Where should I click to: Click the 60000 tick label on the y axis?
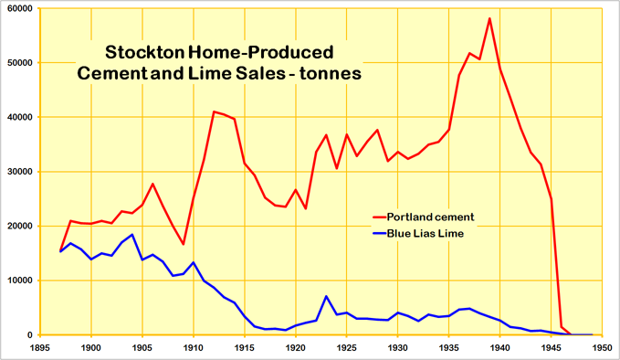click(x=18, y=8)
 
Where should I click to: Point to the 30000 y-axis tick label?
click(x=18, y=172)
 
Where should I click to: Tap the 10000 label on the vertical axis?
click(x=18, y=281)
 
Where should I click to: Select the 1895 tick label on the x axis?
click(x=40, y=348)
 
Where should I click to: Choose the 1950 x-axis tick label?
click(x=603, y=348)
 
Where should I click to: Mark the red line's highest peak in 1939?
click(x=489, y=18)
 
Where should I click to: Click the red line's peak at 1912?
click(x=214, y=111)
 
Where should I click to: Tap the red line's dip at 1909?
click(x=184, y=244)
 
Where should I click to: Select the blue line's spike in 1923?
click(x=326, y=296)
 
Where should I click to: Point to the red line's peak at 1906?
click(x=152, y=184)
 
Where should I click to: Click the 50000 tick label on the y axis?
click(x=18, y=63)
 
